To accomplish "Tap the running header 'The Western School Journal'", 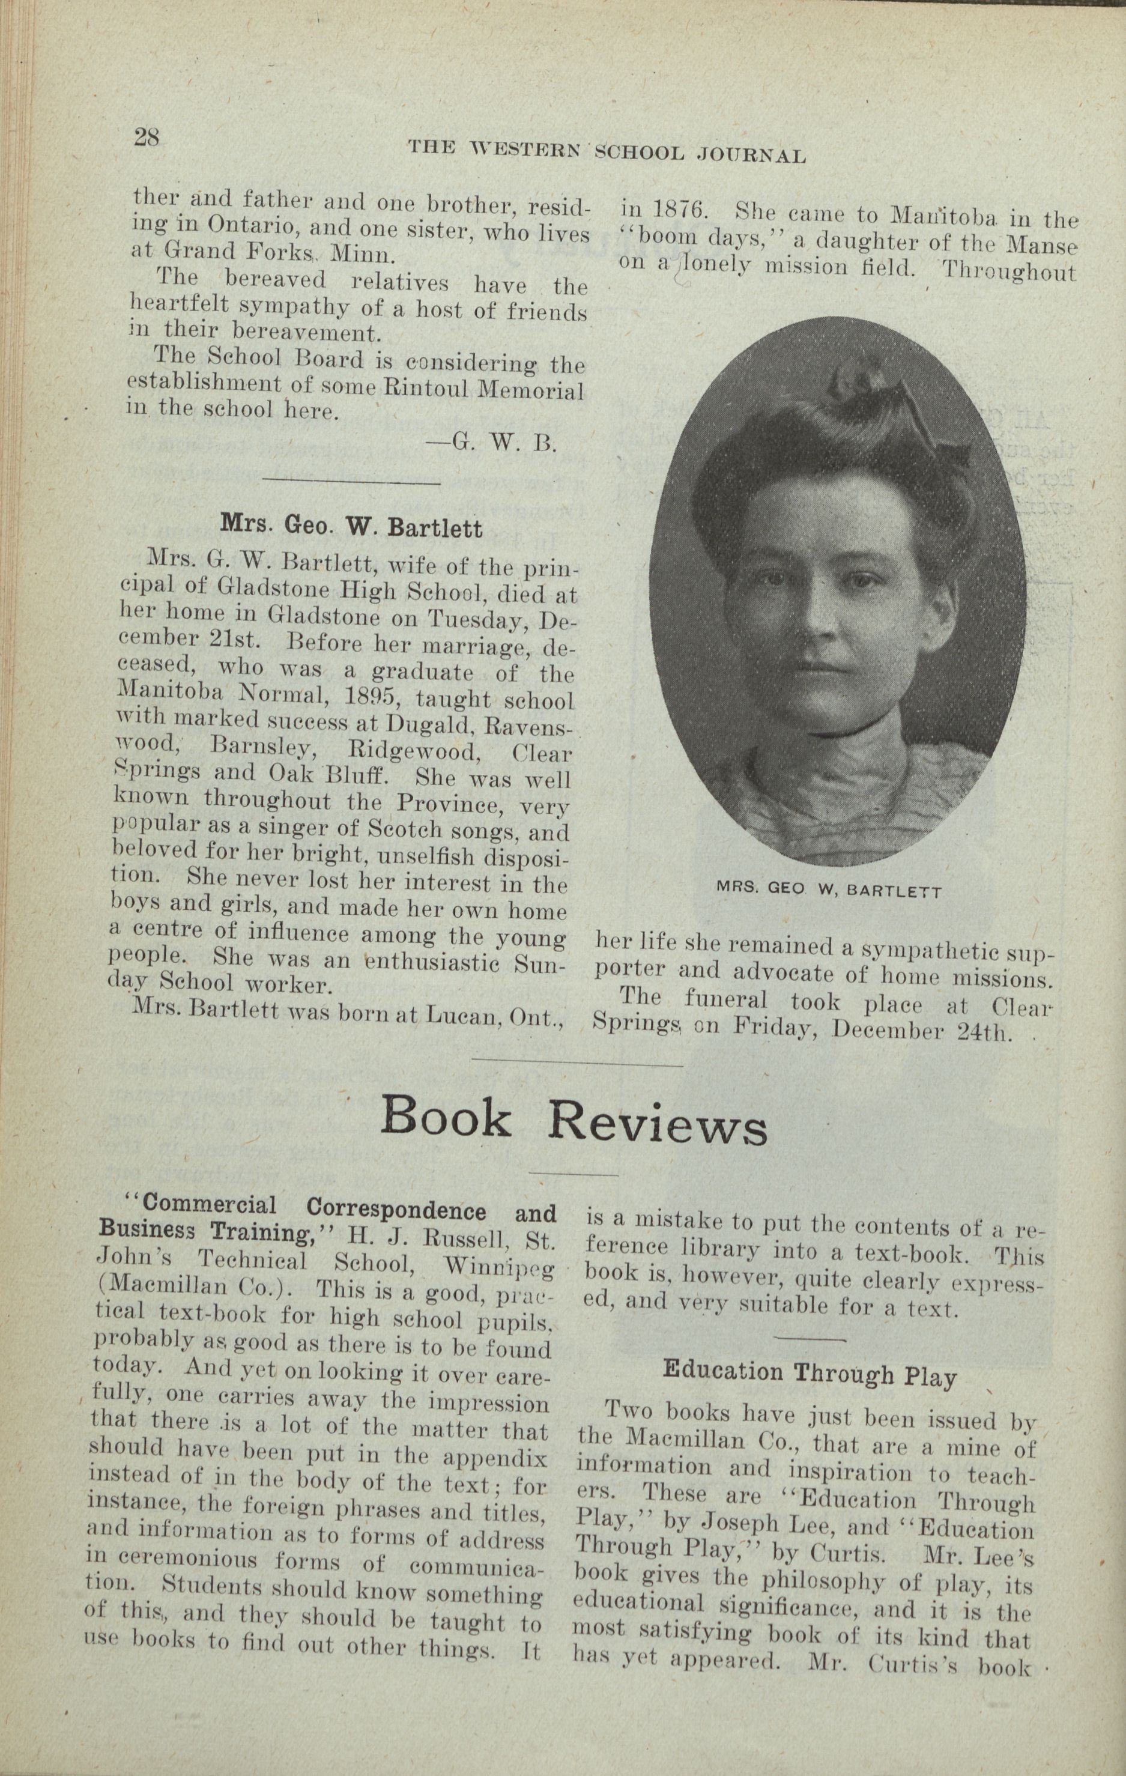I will (606, 152).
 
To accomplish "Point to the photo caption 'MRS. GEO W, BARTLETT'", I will (829, 890).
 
